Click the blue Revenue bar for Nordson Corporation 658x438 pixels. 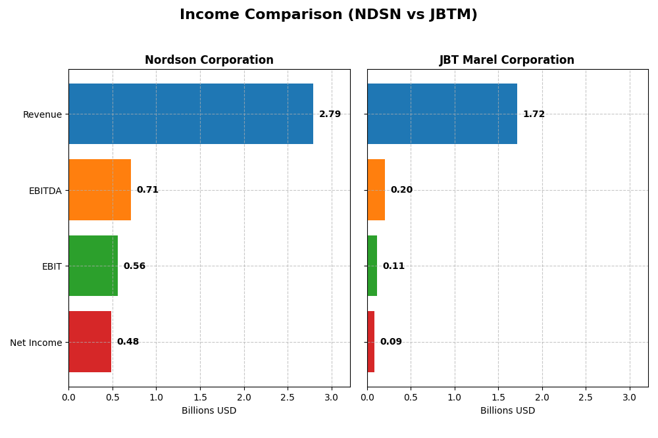click(x=191, y=114)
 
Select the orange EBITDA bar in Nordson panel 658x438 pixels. click(x=99, y=190)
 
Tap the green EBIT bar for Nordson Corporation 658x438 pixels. click(x=93, y=266)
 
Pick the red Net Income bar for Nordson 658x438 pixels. click(x=89, y=342)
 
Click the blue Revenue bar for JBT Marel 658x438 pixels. click(x=442, y=114)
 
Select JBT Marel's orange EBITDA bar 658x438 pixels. click(x=376, y=190)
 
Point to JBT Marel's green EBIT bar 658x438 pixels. click(x=372, y=266)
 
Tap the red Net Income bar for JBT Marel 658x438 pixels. click(x=371, y=342)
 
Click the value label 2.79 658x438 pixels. click(x=330, y=114)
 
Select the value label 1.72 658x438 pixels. click(x=534, y=114)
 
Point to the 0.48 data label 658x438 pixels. click(x=128, y=342)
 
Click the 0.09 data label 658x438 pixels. click(x=391, y=342)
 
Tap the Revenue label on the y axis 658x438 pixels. click(x=42, y=114)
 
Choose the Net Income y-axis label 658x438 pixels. click(x=36, y=343)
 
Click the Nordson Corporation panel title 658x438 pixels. click(x=209, y=61)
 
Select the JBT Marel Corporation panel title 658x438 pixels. click(x=507, y=61)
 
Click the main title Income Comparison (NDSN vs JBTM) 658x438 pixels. click(x=328, y=14)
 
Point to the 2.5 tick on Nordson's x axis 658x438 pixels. click(x=288, y=398)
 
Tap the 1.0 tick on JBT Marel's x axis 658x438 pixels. click(x=455, y=398)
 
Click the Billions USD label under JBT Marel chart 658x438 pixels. click(x=507, y=411)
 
